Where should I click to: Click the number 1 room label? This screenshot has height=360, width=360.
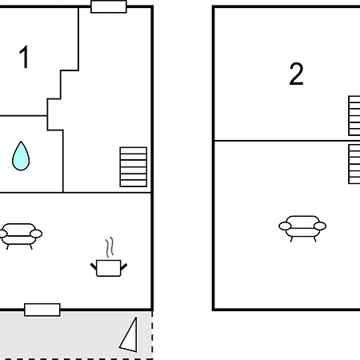[24, 57]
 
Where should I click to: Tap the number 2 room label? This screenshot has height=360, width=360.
[296, 74]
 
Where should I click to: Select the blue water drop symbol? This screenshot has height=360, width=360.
[21, 156]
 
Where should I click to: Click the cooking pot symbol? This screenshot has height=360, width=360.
[109, 268]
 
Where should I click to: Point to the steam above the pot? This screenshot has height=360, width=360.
[110, 247]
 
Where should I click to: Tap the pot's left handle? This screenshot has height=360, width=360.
[94, 266]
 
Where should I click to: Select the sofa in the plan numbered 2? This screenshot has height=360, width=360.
[302, 229]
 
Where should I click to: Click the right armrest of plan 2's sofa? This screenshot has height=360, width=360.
[320, 226]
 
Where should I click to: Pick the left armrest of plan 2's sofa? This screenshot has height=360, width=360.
[285, 226]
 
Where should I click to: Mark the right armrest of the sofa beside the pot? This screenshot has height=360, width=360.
[36, 234]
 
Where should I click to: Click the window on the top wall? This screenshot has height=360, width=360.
[109, 6]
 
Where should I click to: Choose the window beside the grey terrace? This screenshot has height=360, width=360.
[42, 310]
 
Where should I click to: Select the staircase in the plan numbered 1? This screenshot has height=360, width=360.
[134, 167]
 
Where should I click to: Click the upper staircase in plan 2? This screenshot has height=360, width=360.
[354, 116]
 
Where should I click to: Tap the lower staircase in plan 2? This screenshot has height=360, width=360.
[354, 164]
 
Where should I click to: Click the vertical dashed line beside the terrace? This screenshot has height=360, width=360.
[152, 334]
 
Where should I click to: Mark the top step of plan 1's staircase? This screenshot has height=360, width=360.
[134, 150]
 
